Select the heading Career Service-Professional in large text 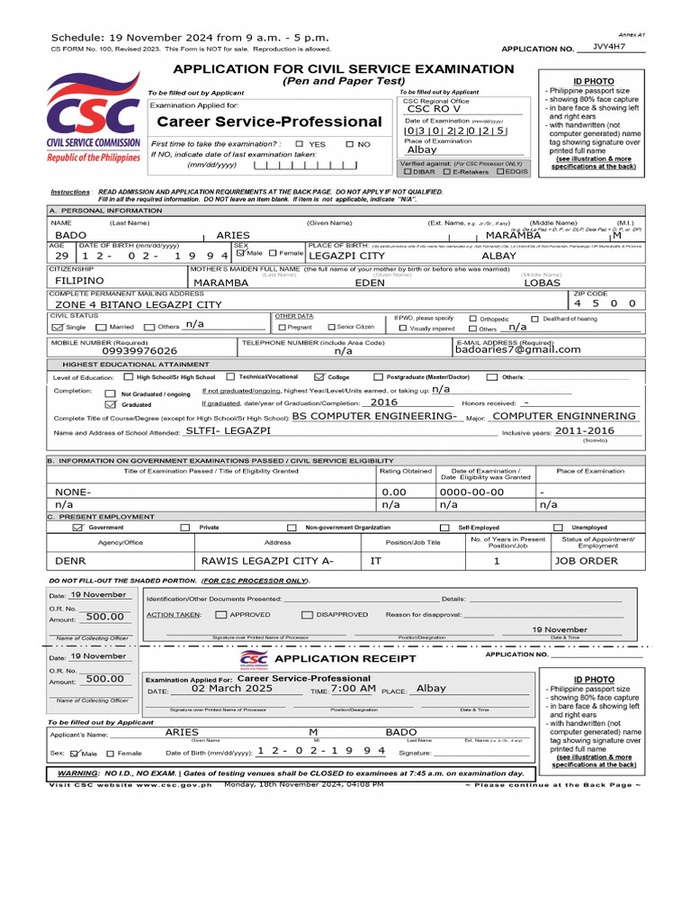pyautogui.click(x=269, y=122)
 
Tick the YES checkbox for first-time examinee pyautogui.click(x=300, y=144)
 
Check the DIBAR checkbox pyautogui.click(x=408, y=171)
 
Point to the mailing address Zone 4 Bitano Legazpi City pyautogui.click(x=139, y=304)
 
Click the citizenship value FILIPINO pyautogui.click(x=80, y=281)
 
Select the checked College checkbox pyautogui.click(x=319, y=376)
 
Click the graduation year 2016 pyautogui.click(x=383, y=403)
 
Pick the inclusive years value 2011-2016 pyautogui.click(x=584, y=430)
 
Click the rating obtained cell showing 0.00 pyautogui.click(x=394, y=493)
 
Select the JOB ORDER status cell pyautogui.click(x=586, y=560)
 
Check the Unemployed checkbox pyautogui.click(x=558, y=528)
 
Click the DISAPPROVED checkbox pyautogui.click(x=308, y=614)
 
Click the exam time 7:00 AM pyautogui.click(x=353, y=688)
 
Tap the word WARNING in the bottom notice pyautogui.click(x=77, y=773)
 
